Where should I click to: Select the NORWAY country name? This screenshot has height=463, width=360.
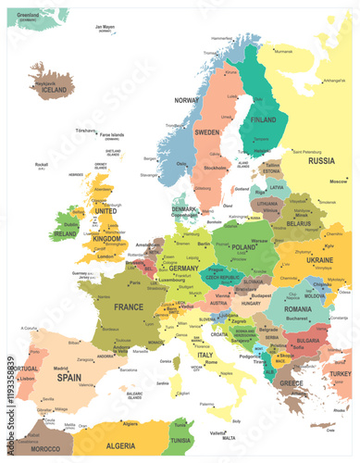187,99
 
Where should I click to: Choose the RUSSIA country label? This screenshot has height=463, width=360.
320,160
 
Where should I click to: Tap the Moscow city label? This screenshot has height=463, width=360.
338,181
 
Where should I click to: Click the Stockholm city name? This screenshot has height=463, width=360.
214,169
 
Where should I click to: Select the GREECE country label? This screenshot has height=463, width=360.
292,382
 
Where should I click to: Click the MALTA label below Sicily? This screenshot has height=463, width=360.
218,437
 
